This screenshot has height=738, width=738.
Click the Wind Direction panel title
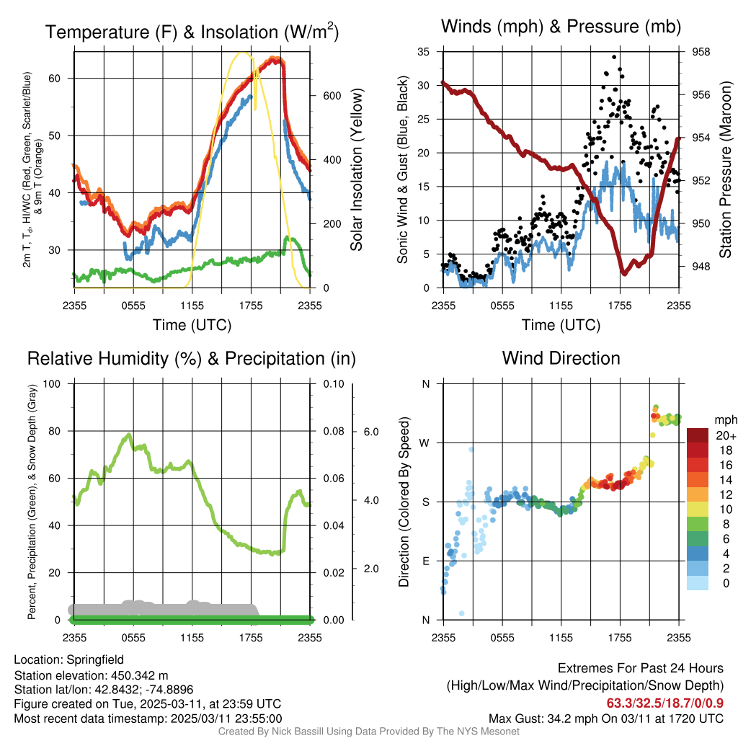[561, 357]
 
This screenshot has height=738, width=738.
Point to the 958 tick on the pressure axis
[701, 52]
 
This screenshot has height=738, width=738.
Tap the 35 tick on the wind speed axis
[424, 52]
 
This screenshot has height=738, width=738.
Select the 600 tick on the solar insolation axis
[331, 96]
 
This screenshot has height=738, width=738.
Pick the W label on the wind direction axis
[425, 443]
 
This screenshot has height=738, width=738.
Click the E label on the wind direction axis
[425, 561]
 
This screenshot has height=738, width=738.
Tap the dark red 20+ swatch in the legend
[698, 435]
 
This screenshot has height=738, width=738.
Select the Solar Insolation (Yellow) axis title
[357, 170]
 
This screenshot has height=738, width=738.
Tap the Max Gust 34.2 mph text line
[605, 718]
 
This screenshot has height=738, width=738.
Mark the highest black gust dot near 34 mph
[614, 56]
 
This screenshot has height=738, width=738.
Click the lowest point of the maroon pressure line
[624, 274]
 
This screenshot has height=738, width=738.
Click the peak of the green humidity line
[129, 435]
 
